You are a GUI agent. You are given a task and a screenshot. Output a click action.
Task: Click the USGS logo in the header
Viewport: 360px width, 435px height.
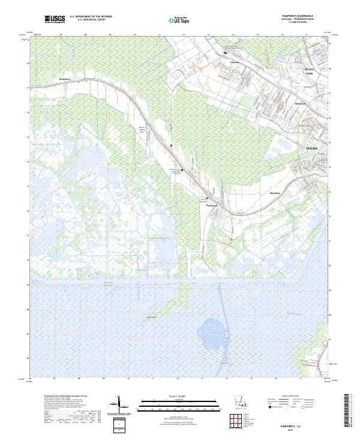point(55,19)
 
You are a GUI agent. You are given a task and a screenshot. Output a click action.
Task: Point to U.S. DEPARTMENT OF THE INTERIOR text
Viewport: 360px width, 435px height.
point(91,17)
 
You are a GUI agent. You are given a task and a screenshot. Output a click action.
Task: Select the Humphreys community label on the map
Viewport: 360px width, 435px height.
point(65,78)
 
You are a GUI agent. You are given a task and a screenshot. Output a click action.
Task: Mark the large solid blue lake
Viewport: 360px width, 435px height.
point(212,328)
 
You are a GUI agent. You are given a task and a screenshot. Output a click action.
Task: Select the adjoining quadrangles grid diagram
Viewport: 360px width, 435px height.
point(244,423)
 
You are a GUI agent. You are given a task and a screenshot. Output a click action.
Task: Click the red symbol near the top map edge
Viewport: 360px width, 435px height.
point(226,52)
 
